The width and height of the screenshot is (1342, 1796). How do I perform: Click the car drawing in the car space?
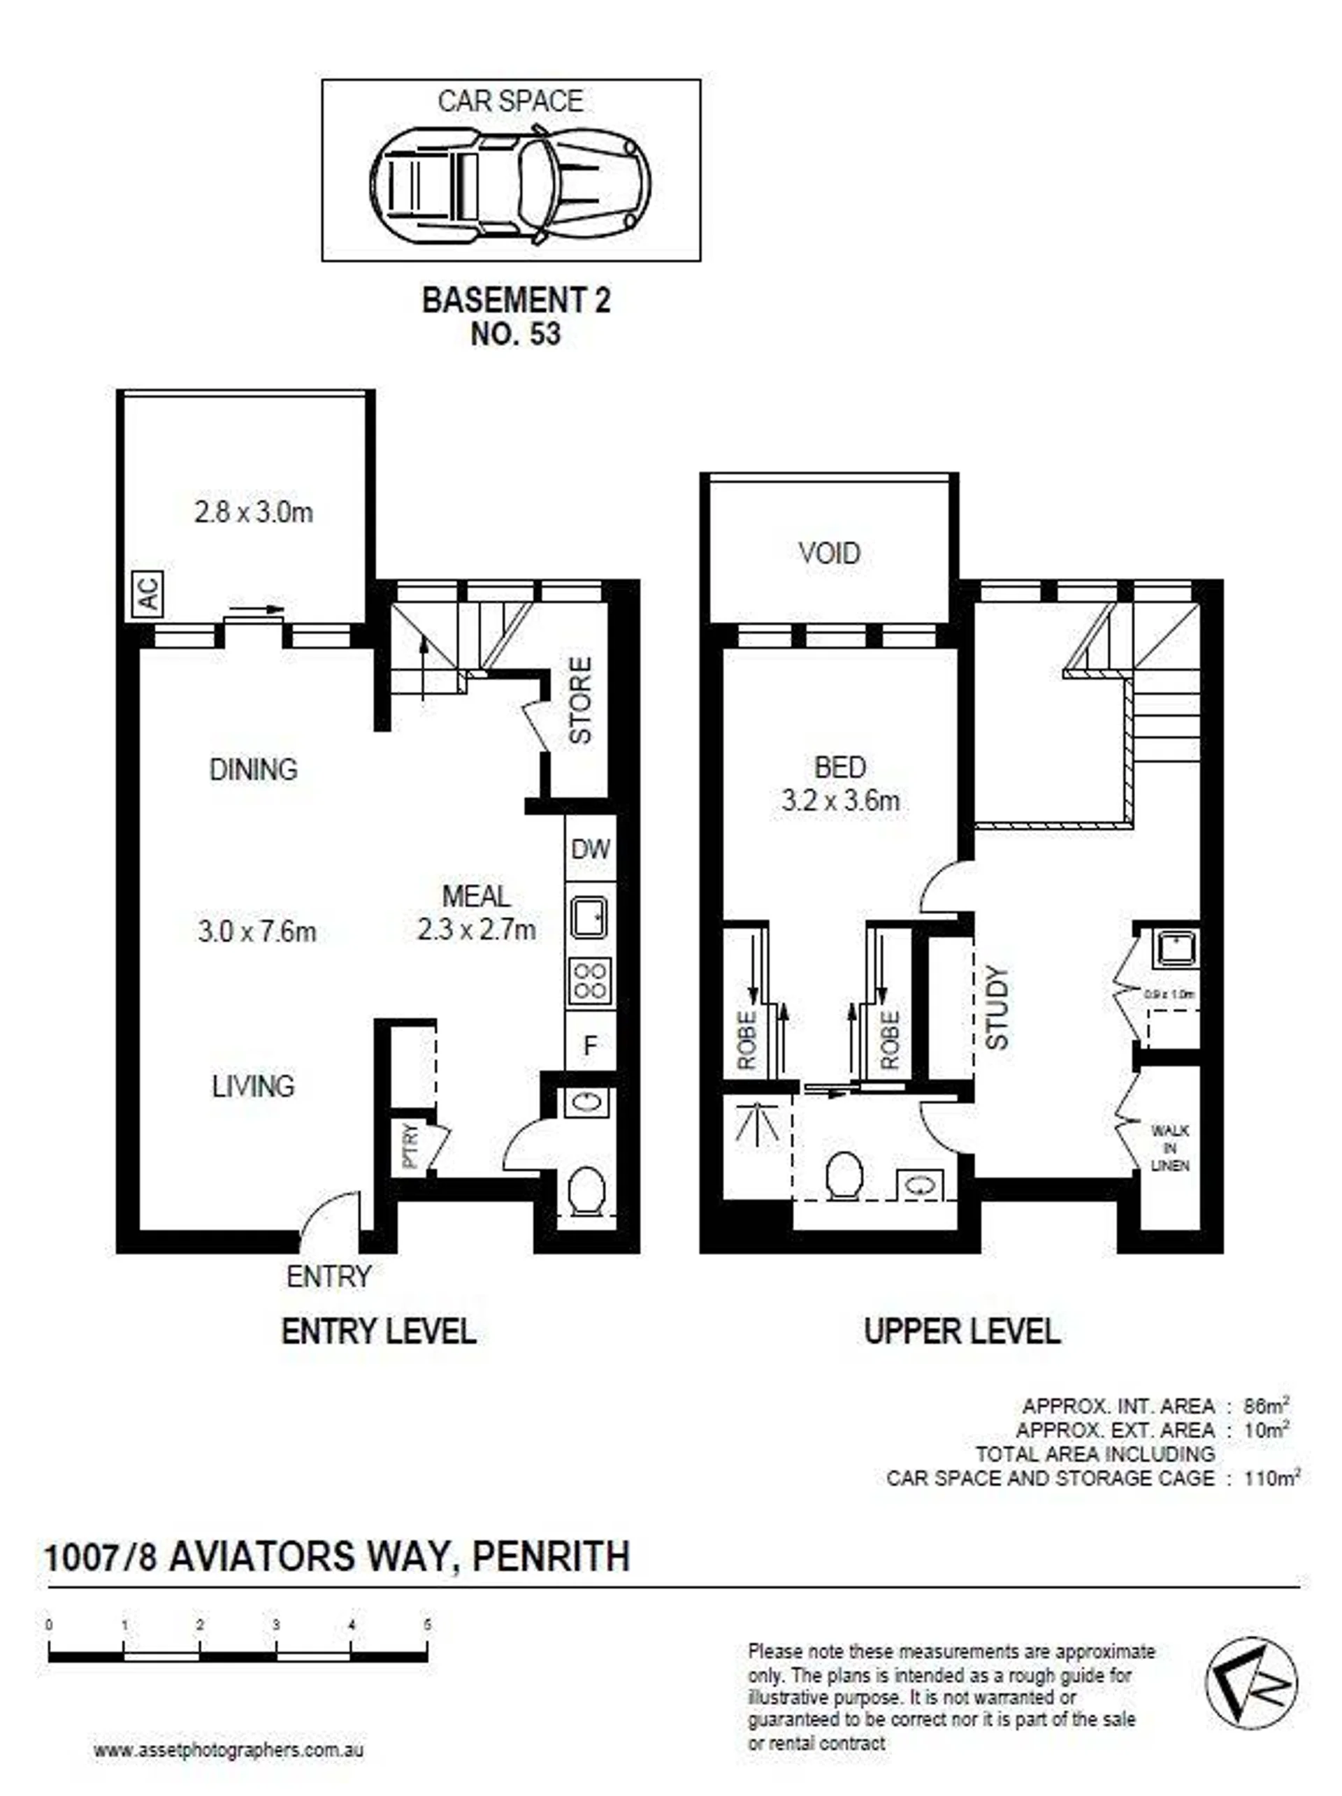pyautogui.click(x=509, y=184)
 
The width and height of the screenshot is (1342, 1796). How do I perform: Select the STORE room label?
pyautogui.click(x=579, y=701)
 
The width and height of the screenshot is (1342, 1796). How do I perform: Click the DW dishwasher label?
pyautogui.click(x=589, y=850)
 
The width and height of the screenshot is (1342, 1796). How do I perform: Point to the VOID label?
pyautogui.click(x=829, y=553)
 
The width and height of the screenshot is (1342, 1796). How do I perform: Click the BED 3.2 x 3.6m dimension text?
pyautogui.click(x=840, y=802)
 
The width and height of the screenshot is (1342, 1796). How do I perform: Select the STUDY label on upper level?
pyautogui.click(x=996, y=1007)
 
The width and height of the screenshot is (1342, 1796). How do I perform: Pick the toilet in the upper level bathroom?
pyautogui.click(x=844, y=1175)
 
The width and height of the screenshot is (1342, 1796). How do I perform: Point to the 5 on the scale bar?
pyautogui.click(x=427, y=1625)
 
